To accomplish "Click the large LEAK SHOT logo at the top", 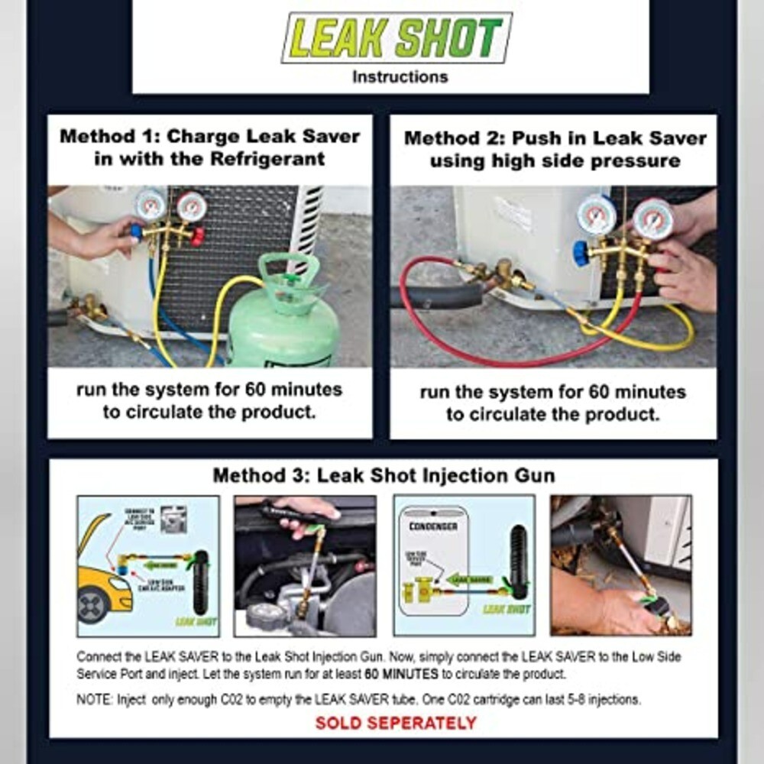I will (x=397, y=37).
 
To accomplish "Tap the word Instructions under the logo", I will (x=400, y=77).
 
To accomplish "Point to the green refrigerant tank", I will (x=283, y=329).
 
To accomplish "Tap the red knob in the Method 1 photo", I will (x=198, y=237).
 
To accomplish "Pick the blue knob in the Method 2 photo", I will (x=581, y=253).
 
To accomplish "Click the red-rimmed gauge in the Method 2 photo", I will (x=653, y=219).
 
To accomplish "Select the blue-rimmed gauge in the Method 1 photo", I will (x=150, y=205).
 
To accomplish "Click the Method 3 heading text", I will (x=384, y=475).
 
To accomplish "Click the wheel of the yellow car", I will (x=93, y=606).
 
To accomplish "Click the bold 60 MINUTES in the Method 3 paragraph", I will (x=401, y=675).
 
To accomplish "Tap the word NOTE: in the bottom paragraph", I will (x=95, y=699).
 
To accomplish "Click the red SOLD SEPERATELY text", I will (x=396, y=723).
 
